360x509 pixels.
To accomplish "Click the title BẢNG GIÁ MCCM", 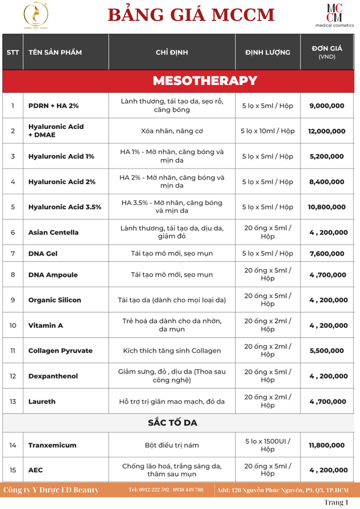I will tap(191, 16).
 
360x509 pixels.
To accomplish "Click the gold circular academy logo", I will tap(35, 14).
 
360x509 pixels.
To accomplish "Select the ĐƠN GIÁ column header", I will tap(327, 52).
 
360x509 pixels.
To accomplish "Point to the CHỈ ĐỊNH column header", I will tap(172, 52).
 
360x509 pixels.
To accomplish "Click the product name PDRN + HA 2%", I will tap(53, 106).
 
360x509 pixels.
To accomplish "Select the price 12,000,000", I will tap(327, 131).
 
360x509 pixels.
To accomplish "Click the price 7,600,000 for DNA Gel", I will tap(326, 254).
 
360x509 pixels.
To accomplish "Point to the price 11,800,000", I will tap(327, 445).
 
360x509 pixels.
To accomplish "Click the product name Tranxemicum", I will tap(53, 445).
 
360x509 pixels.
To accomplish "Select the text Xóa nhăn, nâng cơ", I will tap(172, 131).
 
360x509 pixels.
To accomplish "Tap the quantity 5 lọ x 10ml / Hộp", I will tap(268, 131).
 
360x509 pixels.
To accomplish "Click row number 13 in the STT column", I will tap(13, 402).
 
